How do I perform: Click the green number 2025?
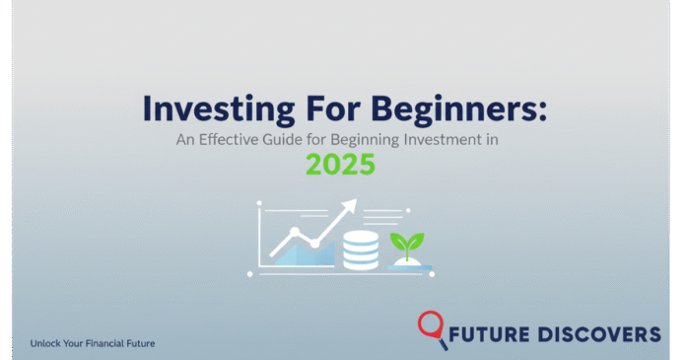[x=341, y=164]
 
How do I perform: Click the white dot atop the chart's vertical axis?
[x=259, y=204]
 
